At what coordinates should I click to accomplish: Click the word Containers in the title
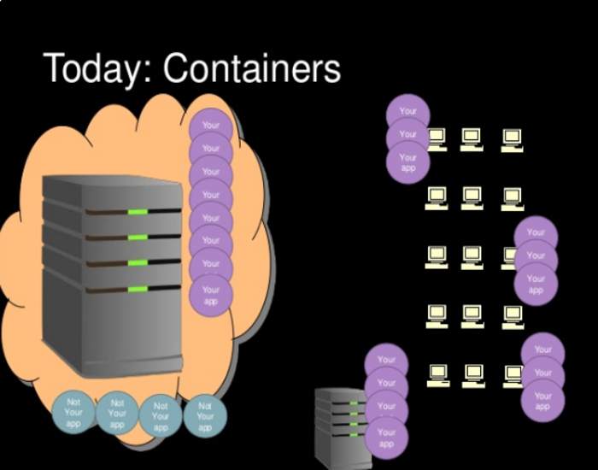pos(252,68)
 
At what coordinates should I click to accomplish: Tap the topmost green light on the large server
pos(138,212)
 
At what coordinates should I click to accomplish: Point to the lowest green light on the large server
pos(138,290)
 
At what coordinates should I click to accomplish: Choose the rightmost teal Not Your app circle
pos(205,416)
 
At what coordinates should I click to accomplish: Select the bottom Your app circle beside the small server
pos(387,438)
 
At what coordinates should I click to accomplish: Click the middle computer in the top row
pos(472,139)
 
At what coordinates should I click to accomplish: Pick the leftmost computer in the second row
pos(437,197)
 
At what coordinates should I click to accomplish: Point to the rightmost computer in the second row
pos(512,198)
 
